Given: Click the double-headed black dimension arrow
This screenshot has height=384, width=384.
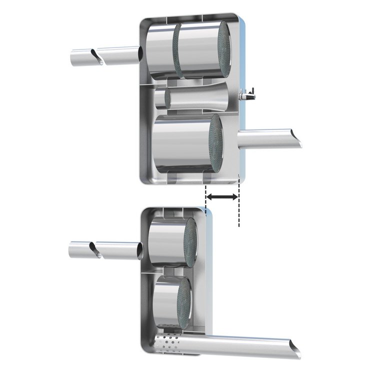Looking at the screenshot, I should point(222,197).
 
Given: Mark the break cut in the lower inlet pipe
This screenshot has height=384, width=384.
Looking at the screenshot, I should point(93,247).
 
